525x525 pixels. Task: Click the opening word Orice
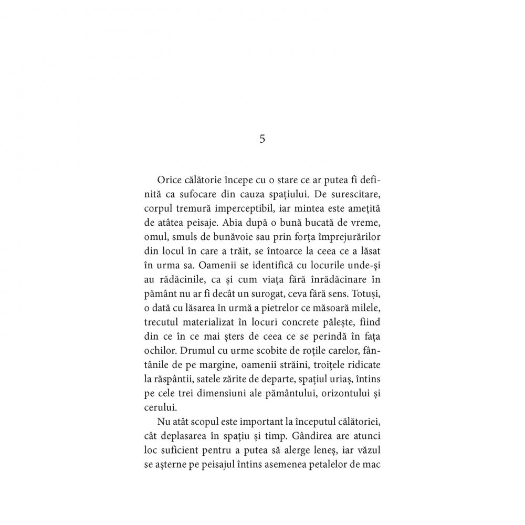pos(169,179)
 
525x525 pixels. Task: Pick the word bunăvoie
pos(234,234)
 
